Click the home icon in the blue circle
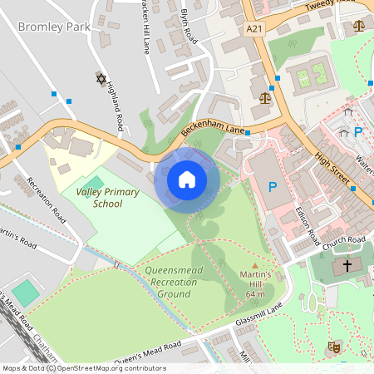pyautogui.click(x=187, y=179)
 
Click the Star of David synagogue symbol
pyautogui.click(x=102, y=79)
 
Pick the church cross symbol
pyautogui.click(x=345, y=267)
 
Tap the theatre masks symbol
pyautogui.click(x=336, y=346)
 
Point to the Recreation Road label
pyautogui.click(x=46, y=199)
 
